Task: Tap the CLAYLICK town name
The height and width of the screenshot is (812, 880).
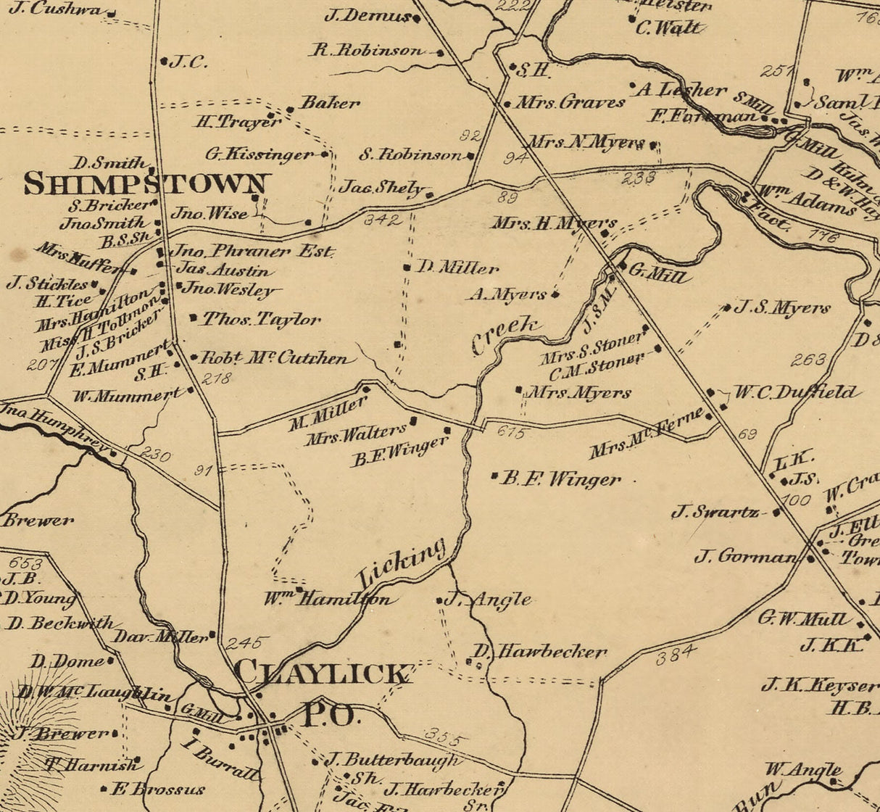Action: [322, 673]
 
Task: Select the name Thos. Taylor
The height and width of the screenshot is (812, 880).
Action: [261, 319]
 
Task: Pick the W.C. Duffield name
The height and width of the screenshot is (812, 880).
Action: [796, 393]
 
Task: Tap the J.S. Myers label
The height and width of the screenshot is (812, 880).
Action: [782, 307]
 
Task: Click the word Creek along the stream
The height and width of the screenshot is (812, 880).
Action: [506, 334]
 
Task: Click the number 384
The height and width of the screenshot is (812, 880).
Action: [676, 655]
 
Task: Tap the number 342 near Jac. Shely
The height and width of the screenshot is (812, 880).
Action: [382, 220]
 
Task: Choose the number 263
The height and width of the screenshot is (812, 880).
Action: [808, 360]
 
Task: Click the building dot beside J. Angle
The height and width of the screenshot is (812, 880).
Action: [439, 600]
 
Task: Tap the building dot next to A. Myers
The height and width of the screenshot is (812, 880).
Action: [555, 294]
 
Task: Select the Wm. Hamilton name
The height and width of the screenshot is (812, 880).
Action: [331, 600]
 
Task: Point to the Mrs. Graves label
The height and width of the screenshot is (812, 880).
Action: [570, 102]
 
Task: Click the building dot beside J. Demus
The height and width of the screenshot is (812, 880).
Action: [417, 18]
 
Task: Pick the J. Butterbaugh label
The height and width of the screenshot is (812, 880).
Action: [391, 760]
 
